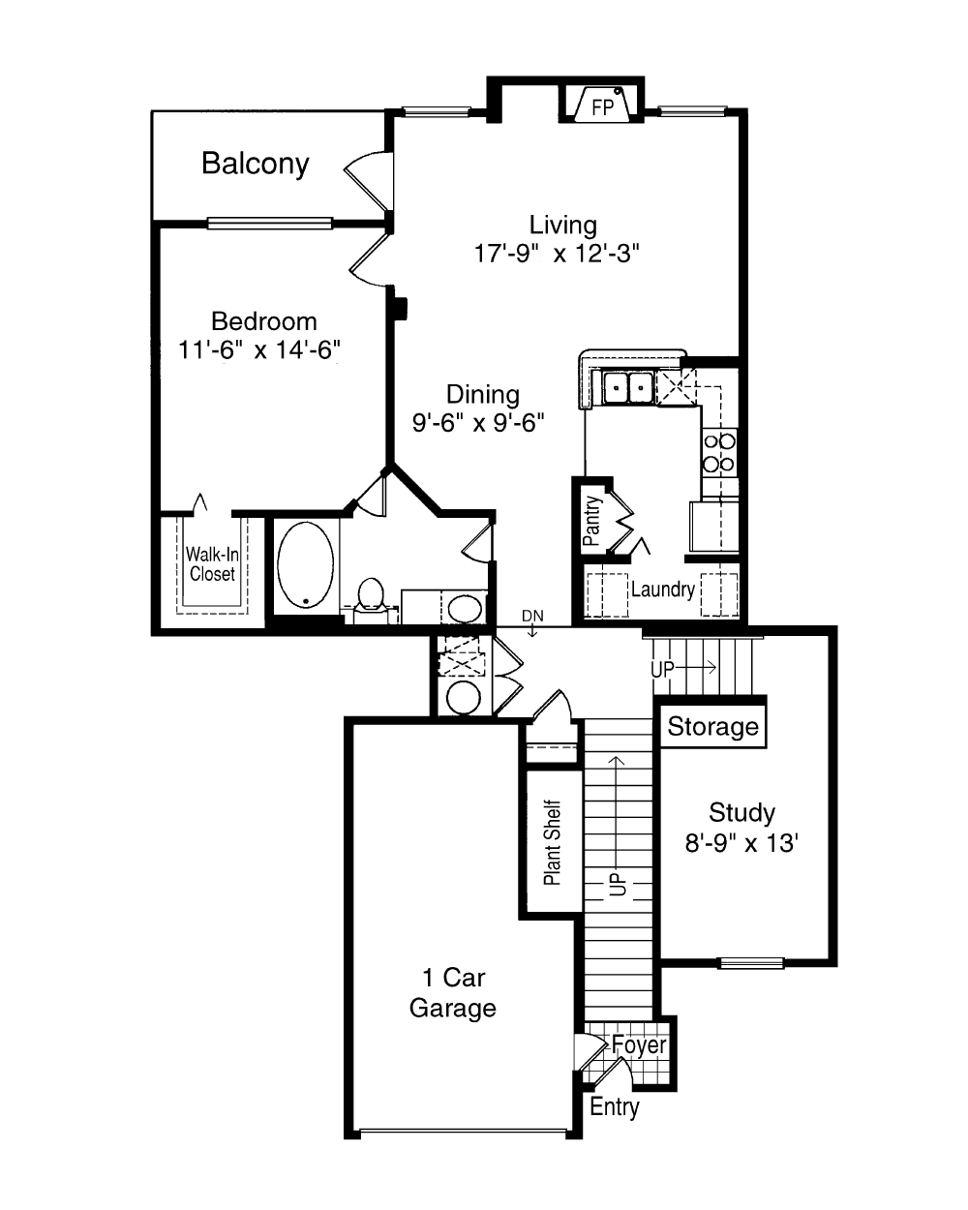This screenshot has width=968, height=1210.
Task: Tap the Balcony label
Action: tap(256, 164)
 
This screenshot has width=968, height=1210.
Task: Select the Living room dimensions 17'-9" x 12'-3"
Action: tap(557, 254)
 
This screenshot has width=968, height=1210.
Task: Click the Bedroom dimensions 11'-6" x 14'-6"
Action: tap(259, 349)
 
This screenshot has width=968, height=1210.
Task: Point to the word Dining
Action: tap(483, 394)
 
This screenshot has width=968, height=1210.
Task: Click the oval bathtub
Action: tap(306, 564)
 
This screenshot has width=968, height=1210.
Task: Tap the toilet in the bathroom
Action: tap(370, 599)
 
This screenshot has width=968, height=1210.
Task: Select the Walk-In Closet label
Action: tap(212, 564)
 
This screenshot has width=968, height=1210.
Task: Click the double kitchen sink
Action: tap(627, 387)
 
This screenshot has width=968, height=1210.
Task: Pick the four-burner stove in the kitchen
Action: tap(719, 453)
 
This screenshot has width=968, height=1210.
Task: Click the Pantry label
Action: tap(591, 520)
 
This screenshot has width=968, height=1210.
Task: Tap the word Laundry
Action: tap(662, 590)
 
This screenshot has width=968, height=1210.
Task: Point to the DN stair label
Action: tap(532, 616)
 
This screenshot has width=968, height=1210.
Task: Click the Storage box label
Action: tap(712, 726)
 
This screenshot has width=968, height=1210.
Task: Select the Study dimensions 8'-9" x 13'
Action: tap(741, 843)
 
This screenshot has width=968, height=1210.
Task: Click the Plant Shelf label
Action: tap(553, 842)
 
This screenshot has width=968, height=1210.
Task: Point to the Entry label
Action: tap(615, 1106)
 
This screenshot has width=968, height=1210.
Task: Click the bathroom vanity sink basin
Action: tap(465, 609)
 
